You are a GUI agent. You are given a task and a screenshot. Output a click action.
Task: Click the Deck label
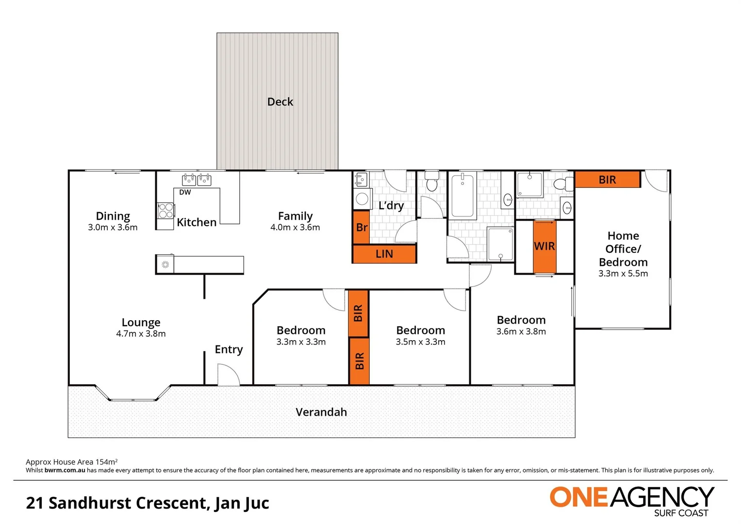(x=280, y=102)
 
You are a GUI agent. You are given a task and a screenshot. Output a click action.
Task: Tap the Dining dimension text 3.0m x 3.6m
(x=113, y=228)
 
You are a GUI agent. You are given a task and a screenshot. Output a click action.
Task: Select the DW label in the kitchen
(x=185, y=193)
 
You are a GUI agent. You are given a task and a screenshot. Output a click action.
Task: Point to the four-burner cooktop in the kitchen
(x=165, y=211)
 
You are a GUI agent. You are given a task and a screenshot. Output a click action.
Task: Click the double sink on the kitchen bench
(x=197, y=180)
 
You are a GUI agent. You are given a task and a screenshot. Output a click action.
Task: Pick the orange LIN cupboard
(x=384, y=254)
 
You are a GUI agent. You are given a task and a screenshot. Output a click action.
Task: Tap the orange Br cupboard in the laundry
(x=362, y=227)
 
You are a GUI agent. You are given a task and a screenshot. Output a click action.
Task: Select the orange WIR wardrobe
(x=544, y=246)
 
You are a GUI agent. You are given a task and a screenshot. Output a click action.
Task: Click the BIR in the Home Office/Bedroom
(x=607, y=180)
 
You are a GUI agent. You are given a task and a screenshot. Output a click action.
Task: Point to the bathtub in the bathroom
(x=462, y=196)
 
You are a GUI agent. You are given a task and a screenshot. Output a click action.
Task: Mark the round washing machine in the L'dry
(x=362, y=199)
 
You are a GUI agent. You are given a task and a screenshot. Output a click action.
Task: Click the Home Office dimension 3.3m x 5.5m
(x=623, y=274)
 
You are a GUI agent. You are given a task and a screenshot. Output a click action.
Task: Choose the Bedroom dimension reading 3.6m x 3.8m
(x=521, y=332)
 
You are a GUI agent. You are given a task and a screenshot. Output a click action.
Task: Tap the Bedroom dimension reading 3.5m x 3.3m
(x=420, y=342)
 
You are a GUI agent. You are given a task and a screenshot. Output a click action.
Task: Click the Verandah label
(x=321, y=412)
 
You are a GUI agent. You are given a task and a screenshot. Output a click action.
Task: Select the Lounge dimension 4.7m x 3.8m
(x=141, y=334)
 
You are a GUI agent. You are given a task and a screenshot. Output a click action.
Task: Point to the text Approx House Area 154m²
(x=71, y=462)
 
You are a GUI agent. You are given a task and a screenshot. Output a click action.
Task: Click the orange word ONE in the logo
(x=578, y=497)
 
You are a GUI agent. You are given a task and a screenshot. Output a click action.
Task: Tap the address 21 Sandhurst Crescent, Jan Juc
(x=148, y=503)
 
